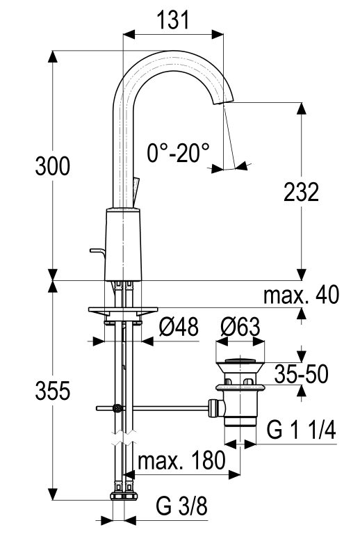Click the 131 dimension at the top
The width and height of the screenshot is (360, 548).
pos(173,20)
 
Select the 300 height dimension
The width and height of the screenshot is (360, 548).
pos(52,166)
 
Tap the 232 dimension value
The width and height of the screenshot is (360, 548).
pos(302,192)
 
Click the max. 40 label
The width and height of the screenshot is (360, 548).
pos(301,294)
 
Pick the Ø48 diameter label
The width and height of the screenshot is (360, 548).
pos(179,327)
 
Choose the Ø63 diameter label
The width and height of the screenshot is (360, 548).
pos(240,327)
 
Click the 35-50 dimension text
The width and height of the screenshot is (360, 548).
pos(301,373)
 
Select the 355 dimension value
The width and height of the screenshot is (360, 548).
pos(52,390)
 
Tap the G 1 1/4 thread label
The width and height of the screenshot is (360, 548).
pos(301,430)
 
